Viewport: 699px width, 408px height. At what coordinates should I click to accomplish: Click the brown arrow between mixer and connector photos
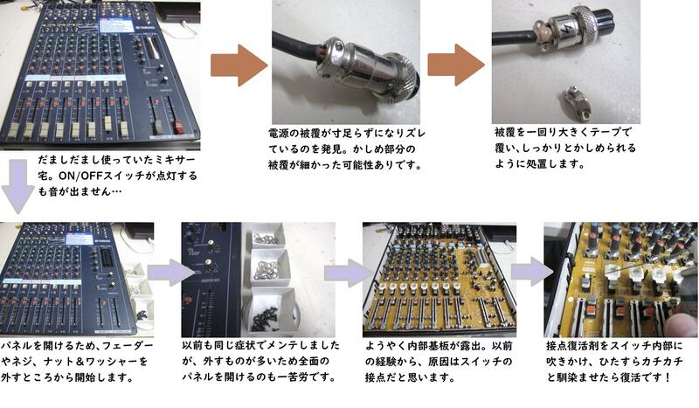point(239,66)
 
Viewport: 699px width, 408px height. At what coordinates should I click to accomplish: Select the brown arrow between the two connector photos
point(456,66)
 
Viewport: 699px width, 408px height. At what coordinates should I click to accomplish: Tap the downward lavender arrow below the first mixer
point(17,186)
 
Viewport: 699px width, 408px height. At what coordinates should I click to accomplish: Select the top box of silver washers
point(267,235)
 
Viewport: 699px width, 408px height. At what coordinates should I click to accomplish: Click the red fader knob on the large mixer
point(179,127)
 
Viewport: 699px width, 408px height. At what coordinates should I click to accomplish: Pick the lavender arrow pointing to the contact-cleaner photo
point(529,272)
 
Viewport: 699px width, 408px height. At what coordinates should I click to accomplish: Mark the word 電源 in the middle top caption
point(279,134)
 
